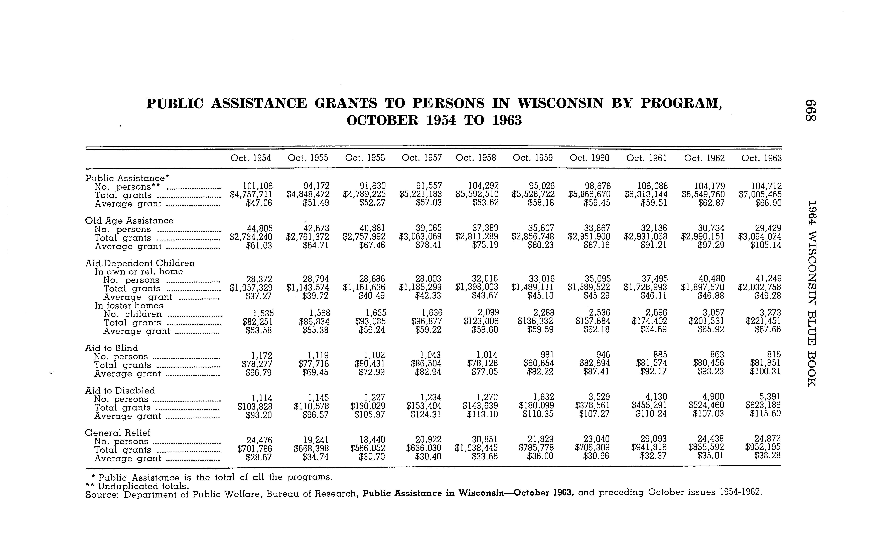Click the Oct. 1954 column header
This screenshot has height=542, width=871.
click(x=251, y=158)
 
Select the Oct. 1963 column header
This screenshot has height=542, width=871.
click(x=761, y=158)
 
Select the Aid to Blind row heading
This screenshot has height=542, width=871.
click(x=111, y=348)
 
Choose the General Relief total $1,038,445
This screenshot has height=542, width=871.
click(x=476, y=448)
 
